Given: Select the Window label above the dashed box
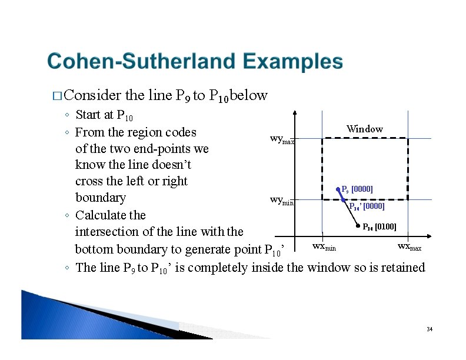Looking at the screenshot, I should tap(364, 129).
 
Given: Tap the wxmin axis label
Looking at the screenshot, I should tap(324, 246).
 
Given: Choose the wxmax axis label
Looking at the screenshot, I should tap(410, 246).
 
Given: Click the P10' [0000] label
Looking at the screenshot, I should tap(367, 206).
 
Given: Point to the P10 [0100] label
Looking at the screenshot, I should tap(380, 226).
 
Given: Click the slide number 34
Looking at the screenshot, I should tap(430, 329).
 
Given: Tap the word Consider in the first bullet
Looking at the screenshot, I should tap(92, 95).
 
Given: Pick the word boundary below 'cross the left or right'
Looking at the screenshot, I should tap(100, 198).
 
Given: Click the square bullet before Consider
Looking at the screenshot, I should tap(56, 96).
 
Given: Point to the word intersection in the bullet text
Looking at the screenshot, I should tap(109, 232).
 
